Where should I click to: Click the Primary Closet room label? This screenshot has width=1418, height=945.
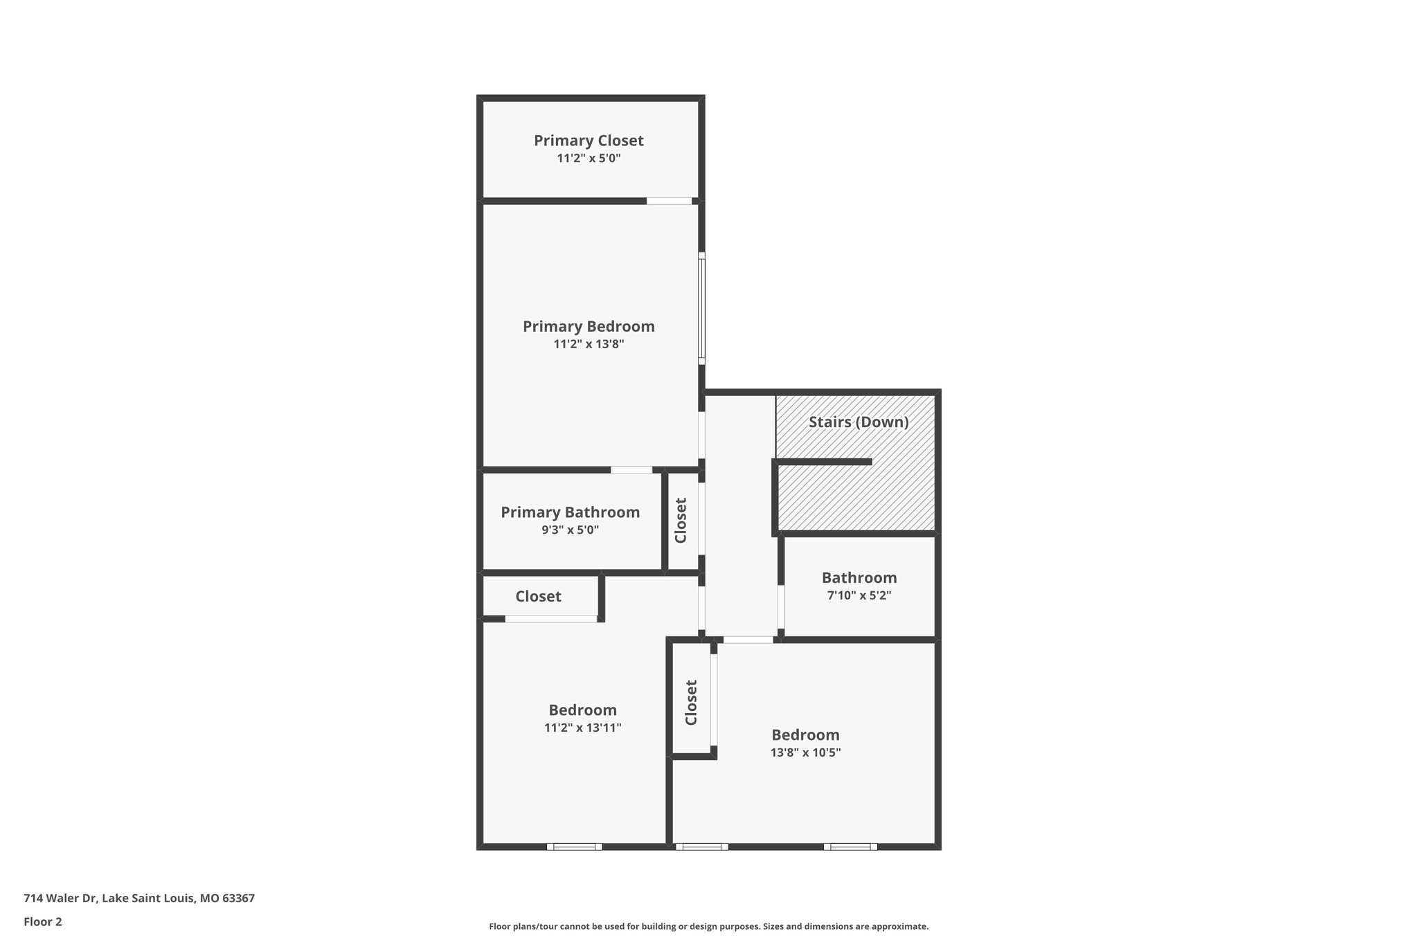pyautogui.click(x=589, y=141)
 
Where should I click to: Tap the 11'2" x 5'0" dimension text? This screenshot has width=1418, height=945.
pyautogui.click(x=589, y=159)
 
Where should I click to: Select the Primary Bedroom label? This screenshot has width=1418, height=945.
pyautogui.click(x=589, y=326)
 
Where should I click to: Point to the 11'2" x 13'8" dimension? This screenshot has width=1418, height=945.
pyautogui.click(x=589, y=344)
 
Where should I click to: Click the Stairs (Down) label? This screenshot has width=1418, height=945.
pyautogui.click(x=859, y=422)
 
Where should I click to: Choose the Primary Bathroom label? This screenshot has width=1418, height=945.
pyautogui.click(x=570, y=512)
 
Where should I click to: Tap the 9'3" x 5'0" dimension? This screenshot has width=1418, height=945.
pyautogui.click(x=570, y=530)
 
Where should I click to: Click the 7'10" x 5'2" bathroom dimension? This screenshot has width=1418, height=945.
pyautogui.click(x=859, y=595)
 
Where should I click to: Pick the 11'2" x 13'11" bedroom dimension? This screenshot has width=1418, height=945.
pyautogui.click(x=582, y=728)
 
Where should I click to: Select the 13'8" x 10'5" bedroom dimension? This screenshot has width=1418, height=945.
pyautogui.click(x=805, y=753)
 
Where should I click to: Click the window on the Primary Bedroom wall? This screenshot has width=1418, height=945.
pyautogui.click(x=701, y=309)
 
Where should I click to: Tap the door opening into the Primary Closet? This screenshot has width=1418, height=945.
pyautogui.click(x=669, y=201)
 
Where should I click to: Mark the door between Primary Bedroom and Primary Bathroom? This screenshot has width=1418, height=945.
pyautogui.click(x=631, y=470)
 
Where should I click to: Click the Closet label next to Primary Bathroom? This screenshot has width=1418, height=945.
pyautogui.click(x=681, y=521)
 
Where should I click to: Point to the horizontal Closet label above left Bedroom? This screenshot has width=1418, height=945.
pyautogui.click(x=538, y=597)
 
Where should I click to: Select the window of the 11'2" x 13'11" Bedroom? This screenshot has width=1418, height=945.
pyautogui.click(x=574, y=846)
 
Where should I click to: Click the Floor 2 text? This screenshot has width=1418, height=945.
pyautogui.click(x=43, y=921)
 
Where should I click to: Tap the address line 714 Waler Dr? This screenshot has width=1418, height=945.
pyautogui.click(x=139, y=898)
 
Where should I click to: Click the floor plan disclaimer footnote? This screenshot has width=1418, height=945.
pyautogui.click(x=708, y=926)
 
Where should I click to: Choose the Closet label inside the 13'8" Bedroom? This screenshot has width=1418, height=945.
pyautogui.click(x=691, y=703)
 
